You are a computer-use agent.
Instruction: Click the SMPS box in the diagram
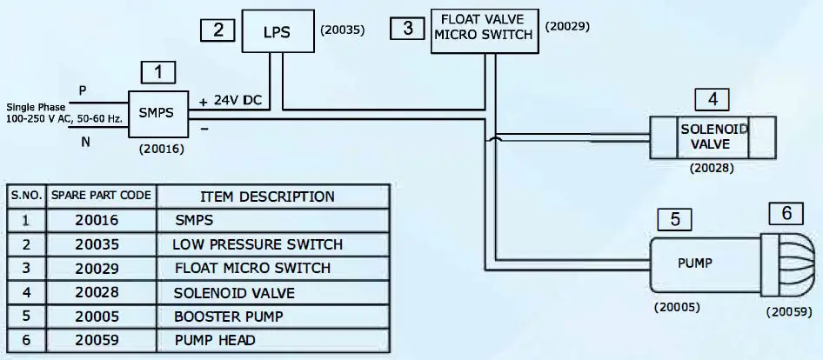tap(157, 113)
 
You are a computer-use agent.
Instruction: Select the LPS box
tap(276, 32)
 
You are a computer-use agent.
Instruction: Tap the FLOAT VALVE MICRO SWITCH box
tap(483, 32)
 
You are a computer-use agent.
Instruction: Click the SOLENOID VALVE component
tap(713, 136)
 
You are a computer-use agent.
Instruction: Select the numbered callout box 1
tap(158, 72)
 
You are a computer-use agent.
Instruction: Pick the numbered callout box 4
tap(712, 99)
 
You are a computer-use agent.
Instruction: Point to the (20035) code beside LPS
tap(342, 30)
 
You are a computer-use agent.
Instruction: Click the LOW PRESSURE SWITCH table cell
tap(257, 244)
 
